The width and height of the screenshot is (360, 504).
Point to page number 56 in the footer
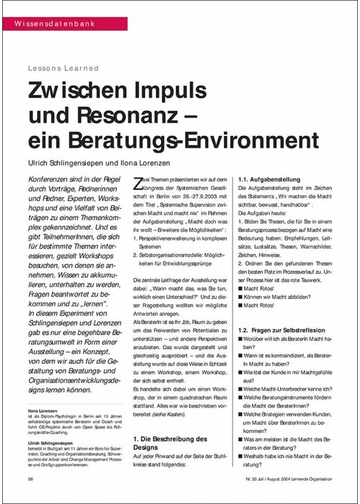[31, 479]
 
